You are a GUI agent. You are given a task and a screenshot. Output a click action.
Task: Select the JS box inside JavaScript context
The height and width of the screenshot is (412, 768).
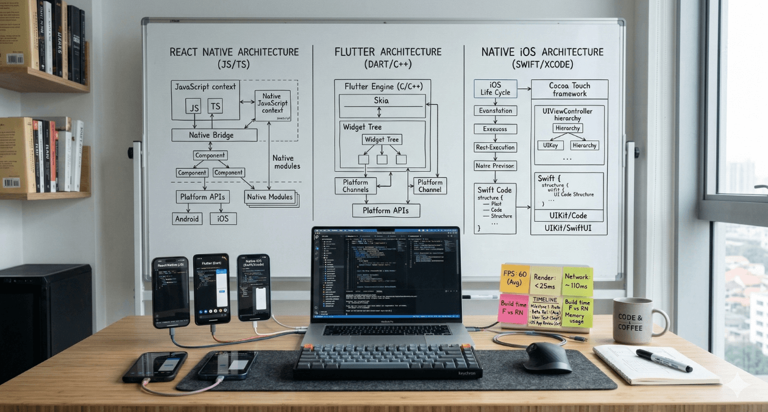tap(194, 107)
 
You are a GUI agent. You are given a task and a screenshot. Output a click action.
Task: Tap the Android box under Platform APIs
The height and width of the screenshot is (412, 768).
tap(187, 218)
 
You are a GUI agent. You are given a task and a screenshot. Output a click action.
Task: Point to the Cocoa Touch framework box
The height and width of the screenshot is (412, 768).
tap(569, 89)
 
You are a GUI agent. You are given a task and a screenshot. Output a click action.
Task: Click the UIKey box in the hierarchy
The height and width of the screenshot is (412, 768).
tap(549, 146)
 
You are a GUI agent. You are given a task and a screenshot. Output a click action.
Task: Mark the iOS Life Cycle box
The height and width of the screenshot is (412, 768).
tap(495, 89)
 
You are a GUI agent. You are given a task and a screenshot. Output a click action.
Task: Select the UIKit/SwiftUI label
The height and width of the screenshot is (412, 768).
tap(569, 229)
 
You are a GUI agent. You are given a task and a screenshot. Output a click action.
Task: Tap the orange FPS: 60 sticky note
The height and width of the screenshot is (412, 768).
tap(515, 279)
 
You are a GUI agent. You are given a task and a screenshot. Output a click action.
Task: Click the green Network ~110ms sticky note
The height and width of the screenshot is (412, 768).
tap(577, 281)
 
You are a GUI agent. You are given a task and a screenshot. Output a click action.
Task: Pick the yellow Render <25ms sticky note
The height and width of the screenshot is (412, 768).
tap(546, 279)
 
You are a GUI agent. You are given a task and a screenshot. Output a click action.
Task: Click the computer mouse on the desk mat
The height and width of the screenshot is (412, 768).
tap(547, 357)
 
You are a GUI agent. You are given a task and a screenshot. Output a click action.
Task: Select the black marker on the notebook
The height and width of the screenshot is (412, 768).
tap(664, 360)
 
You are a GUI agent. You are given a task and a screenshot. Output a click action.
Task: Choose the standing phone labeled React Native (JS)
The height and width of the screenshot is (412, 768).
tap(171, 292)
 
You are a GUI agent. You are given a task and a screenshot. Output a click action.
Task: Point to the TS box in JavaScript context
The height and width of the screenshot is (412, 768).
tap(215, 107)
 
